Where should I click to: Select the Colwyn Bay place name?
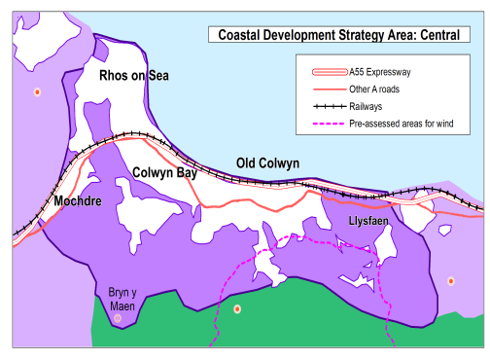(165, 173)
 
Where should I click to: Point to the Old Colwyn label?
(267, 162)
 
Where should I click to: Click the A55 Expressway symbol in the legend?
(327, 73)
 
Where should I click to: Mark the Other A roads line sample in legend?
(327, 90)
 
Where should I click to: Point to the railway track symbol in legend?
(327, 106)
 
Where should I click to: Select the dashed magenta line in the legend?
(327, 123)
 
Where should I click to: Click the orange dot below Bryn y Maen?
(118, 318)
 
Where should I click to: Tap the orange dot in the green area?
(237, 309)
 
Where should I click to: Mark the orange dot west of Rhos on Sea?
(37, 92)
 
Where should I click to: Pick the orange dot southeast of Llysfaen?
(451, 281)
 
